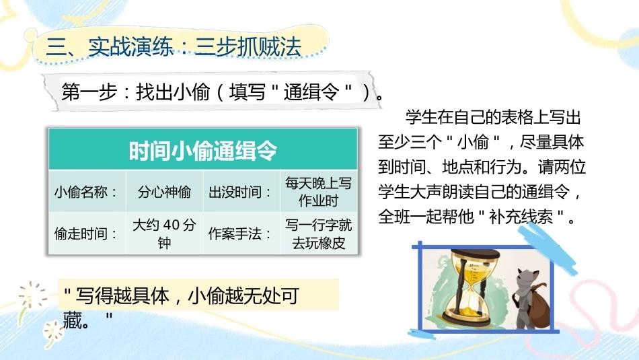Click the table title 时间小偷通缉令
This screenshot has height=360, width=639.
point(203,151)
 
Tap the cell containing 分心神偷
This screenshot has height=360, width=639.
point(164,191)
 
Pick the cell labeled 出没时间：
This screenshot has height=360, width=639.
point(241,191)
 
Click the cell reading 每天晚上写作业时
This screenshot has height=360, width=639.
point(318,191)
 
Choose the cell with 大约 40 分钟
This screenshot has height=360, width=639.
point(164,233)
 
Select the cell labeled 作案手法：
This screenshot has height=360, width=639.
point(241,233)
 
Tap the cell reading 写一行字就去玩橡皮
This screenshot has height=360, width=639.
point(318,233)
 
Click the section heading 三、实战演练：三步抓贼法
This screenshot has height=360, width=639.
point(174,46)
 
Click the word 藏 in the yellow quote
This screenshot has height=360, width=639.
point(73,320)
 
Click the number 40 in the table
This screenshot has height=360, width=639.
point(171,225)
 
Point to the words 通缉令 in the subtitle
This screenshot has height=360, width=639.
point(311,92)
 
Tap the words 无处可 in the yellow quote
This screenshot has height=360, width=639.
point(272,295)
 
